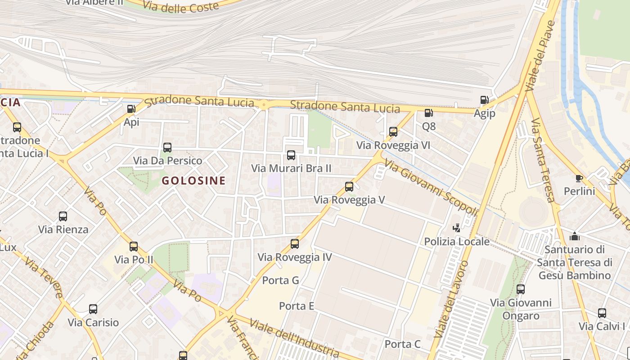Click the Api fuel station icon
pyautogui.click(x=131, y=108)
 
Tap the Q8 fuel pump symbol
pyautogui.click(x=429, y=113)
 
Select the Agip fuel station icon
pyautogui.click(x=484, y=100)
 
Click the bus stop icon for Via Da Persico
pyautogui.click(x=167, y=147)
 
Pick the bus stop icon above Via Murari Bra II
pyautogui.click(x=291, y=155)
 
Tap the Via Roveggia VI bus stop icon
pyautogui.click(x=393, y=132)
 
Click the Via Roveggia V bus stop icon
pyautogui.click(x=349, y=186)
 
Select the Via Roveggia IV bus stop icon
pyautogui.click(x=295, y=244)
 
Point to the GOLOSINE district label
pyautogui.click(x=193, y=181)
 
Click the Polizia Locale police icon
pyautogui.click(x=457, y=228)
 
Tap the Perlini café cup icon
pyautogui.click(x=579, y=178)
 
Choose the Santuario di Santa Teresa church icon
pyautogui.click(x=575, y=236)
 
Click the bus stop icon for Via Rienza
pyautogui.click(x=63, y=216)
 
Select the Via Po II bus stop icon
pyautogui.click(x=134, y=246)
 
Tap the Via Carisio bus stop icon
pyautogui.click(x=93, y=309)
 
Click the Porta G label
pyautogui.click(x=281, y=280)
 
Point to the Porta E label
pyautogui.click(x=297, y=306)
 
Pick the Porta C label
pyautogui.click(x=402, y=344)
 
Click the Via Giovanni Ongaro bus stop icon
pyautogui.click(x=521, y=289)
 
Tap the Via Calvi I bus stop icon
pyautogui.click(x=602, y=313)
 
